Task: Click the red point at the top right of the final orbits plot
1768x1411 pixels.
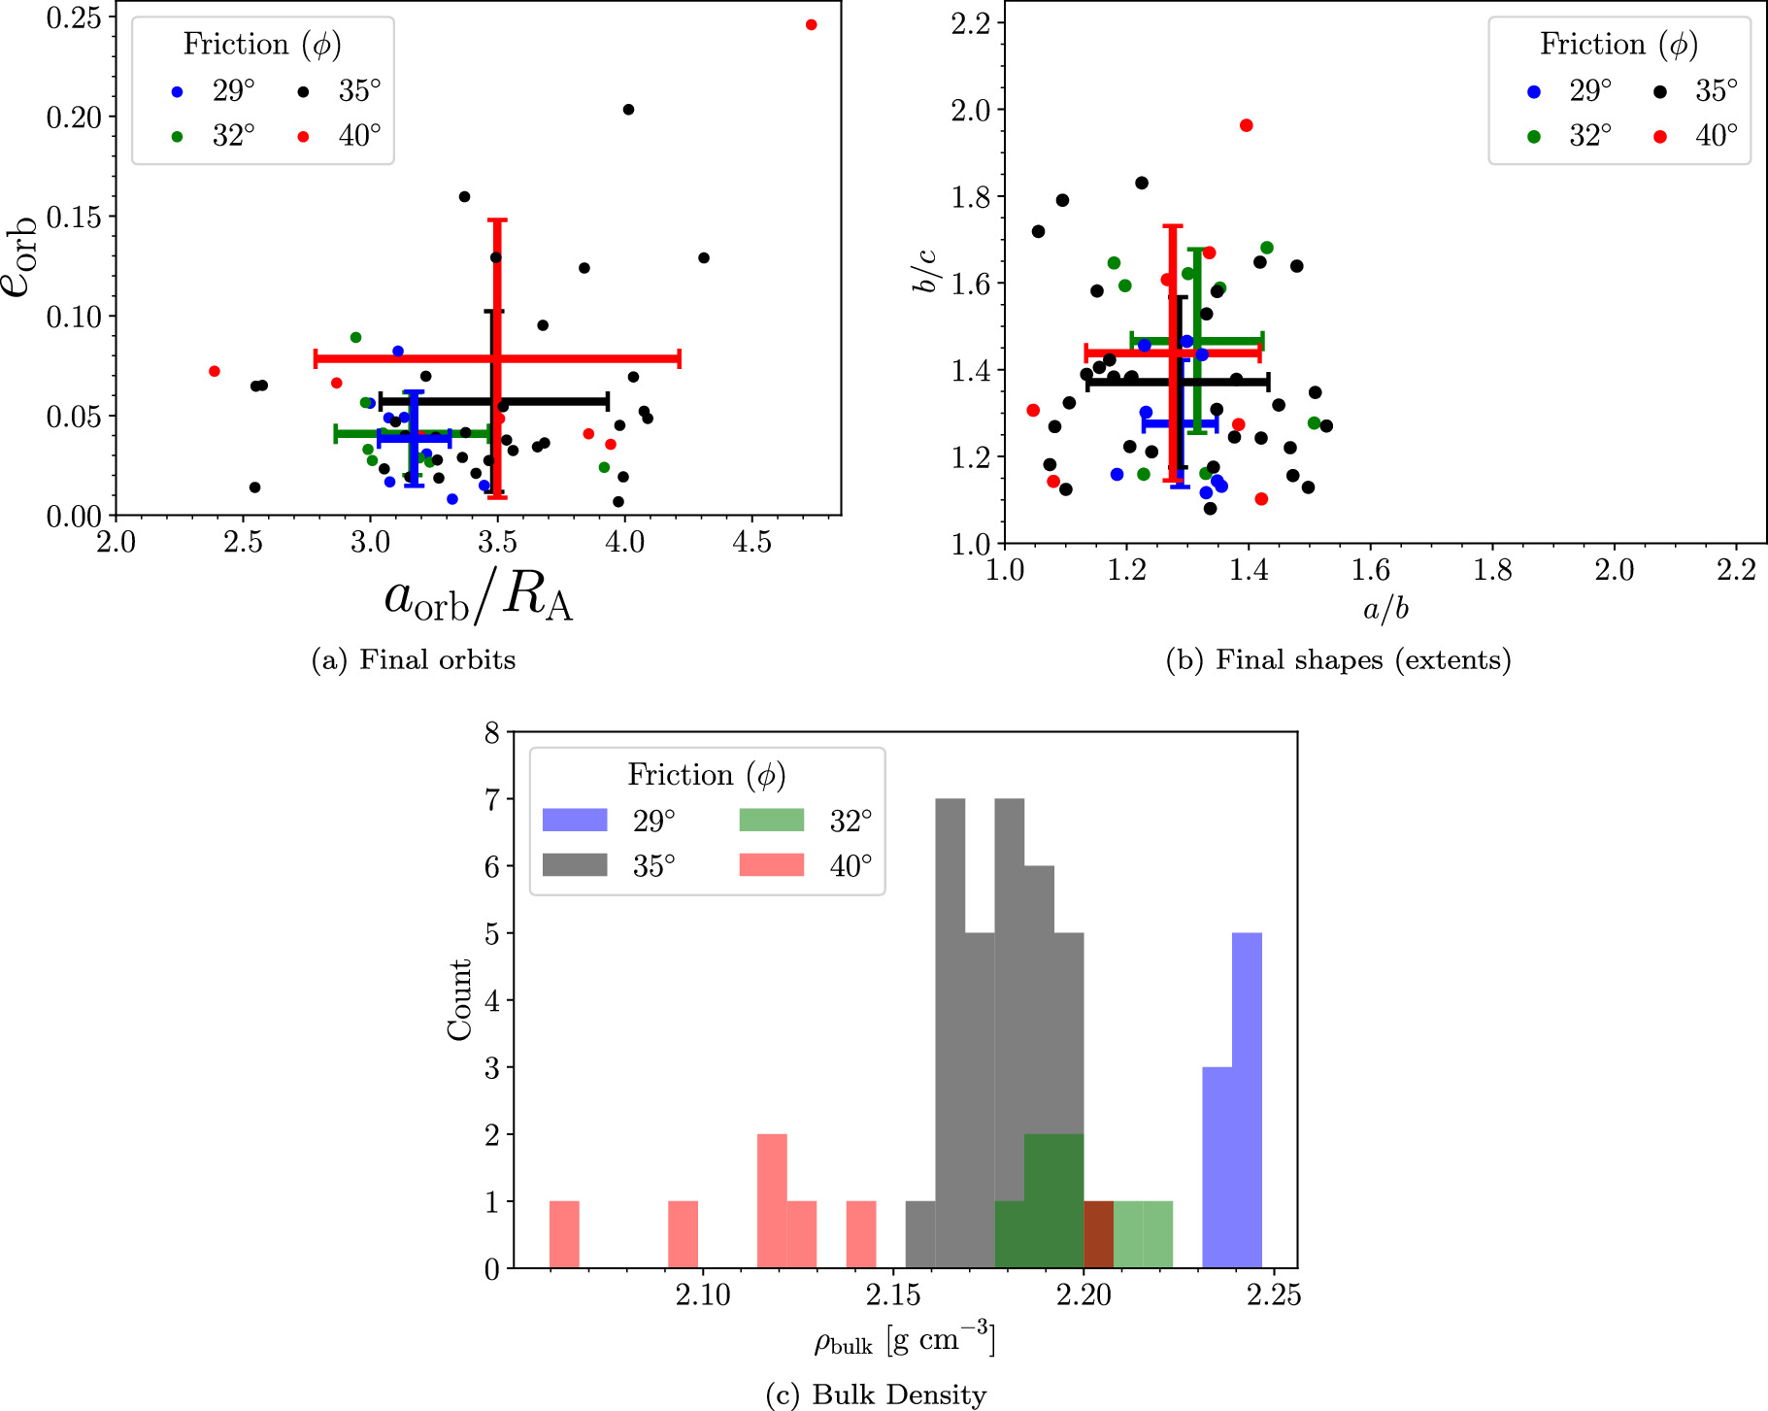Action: [x=812, y=25]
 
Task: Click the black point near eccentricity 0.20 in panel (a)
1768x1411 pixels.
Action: [x=628, y=110]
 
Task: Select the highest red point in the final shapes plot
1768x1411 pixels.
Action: [x=1247, y=125]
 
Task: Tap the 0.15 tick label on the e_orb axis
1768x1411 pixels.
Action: [x=74, y=217]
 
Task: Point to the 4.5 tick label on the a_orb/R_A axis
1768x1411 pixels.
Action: [x=751, y=542]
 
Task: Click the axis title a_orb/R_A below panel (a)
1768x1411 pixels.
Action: [x=478, y=598]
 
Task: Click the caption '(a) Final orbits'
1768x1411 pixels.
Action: [x=413, y=660]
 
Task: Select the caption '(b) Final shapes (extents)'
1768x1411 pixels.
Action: [x=1338, y=660]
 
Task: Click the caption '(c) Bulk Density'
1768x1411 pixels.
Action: [x=876, y=1395]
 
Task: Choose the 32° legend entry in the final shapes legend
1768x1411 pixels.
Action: [x=1569, y=136]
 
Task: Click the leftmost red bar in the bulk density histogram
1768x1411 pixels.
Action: [x=564, y=1234]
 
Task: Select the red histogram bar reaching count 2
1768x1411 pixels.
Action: [x=772, y=1200]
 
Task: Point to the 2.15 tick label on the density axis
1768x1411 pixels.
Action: [x=893, y=1295]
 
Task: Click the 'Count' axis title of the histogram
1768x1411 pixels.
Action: [x=458, y=1000]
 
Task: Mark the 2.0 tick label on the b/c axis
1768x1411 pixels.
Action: [x=971, y=111]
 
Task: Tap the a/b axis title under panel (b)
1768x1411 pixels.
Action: [x=1385, y=609]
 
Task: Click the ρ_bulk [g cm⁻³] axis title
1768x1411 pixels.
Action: [x=904, y=1342]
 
